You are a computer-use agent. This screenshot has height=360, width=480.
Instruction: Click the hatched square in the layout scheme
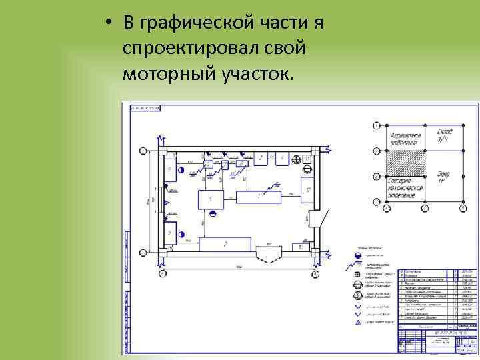405,164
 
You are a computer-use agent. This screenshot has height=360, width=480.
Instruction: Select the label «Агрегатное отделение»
405,137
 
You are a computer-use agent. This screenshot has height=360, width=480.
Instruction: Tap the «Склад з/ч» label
445,135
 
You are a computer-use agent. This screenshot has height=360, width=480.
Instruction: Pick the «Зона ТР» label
444,177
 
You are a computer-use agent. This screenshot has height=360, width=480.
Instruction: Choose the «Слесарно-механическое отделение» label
405,187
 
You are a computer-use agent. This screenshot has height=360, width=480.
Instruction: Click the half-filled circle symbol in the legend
357,255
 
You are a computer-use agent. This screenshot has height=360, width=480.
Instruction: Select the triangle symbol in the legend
357,321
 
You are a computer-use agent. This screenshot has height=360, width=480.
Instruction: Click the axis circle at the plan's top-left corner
143,151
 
